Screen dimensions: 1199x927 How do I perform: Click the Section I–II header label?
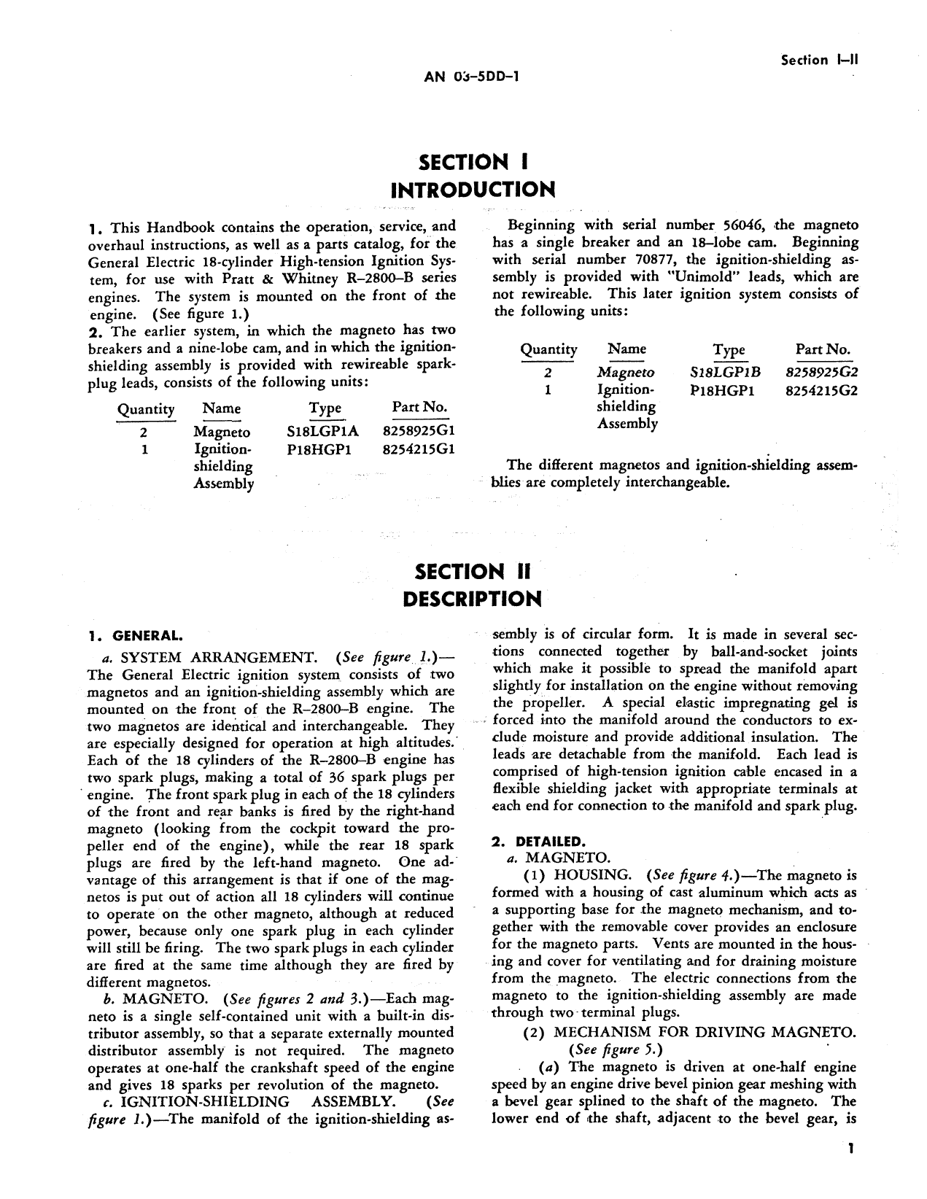point(819,61)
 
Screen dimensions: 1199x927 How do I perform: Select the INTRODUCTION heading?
point(473,190)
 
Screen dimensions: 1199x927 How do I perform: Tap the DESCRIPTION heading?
point(473,599)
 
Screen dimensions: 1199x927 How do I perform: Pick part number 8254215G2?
point(822,389)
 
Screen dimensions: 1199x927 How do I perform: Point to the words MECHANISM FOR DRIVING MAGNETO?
point(705,1032)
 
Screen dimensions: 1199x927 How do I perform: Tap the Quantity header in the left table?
point(146,410)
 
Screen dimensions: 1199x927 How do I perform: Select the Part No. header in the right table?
point(823,349)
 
